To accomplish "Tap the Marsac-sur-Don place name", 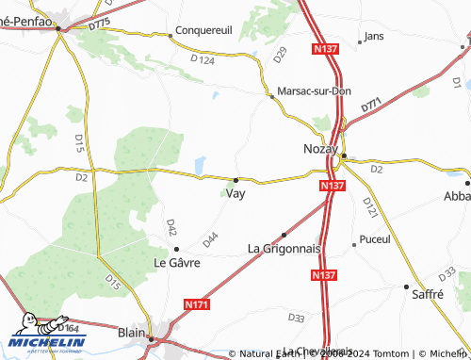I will (x=313, y=91).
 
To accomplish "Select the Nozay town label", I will (x=320, y=149).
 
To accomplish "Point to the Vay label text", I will (x=237, y=194).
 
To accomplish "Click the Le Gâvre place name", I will (x=177, y=262).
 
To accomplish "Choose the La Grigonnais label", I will (x=284, y=248).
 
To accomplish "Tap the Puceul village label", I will (x=375, y=239).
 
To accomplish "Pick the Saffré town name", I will (x=428, y=294).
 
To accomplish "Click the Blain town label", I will (x=132, y=332).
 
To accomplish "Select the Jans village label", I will (x=374, y=37).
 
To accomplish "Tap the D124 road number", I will (x=203, y=60).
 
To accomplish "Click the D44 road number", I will (x=210, y=239).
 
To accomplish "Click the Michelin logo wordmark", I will (x=47, y=343).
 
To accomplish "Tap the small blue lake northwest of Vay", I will (x=201, y=165).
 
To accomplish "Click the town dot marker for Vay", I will (x=235, y=179).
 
